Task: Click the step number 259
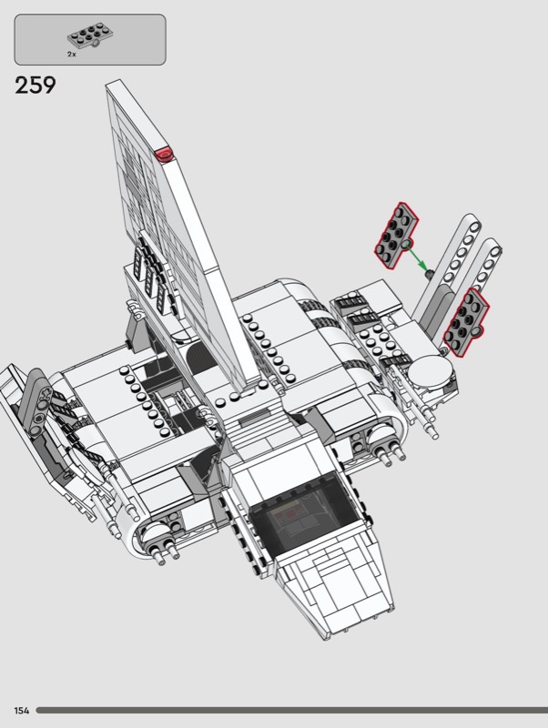36,86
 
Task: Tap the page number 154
22,711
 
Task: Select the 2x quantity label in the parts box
72,55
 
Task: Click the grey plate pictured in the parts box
89,37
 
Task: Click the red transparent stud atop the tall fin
164,154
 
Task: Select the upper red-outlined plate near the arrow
396,235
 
